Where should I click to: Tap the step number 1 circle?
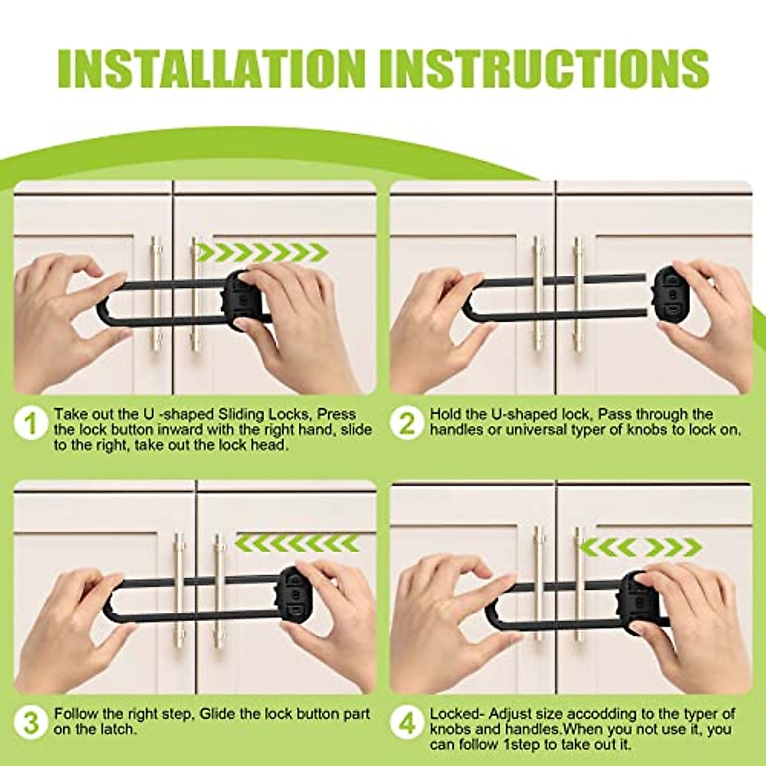(x=31, y=423)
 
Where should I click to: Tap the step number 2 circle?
(x=407, y=423)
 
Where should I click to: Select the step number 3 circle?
(x=31, y=722)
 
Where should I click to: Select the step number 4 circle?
(x=407, y=722)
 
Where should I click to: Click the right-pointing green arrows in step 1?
(x=262, y=253)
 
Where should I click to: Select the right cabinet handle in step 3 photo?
(x=219, y=587)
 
